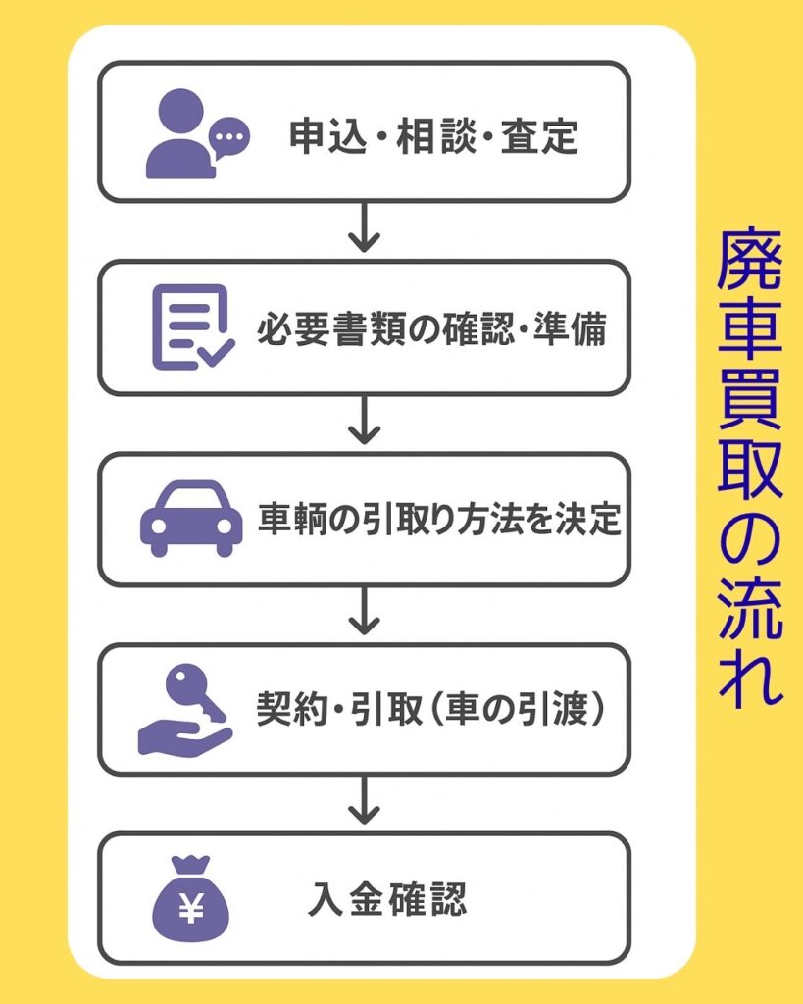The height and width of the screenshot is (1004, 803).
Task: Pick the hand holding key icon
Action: (185, 709)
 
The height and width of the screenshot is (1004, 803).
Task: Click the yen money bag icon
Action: (190, 899)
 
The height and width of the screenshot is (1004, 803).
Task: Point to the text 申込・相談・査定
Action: (433, 137)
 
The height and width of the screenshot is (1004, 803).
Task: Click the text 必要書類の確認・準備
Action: (431, 328)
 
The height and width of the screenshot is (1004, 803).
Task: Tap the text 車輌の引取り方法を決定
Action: (439, 519)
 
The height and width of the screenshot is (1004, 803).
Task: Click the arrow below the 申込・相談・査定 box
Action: (365, 229)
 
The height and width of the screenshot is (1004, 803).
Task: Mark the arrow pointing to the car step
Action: (365, 423)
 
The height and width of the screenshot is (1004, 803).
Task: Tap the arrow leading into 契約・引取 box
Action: (365, 614)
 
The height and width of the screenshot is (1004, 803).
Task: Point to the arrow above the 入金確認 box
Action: (365, 803)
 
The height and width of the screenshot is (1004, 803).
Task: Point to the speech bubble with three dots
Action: (230, 134)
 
